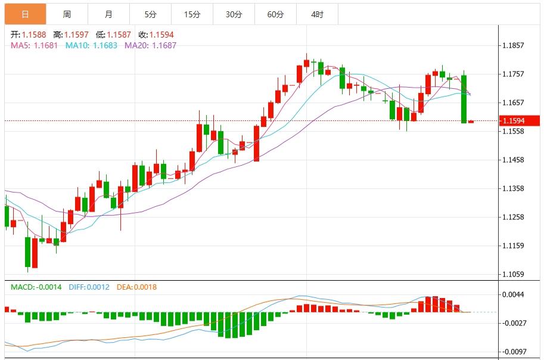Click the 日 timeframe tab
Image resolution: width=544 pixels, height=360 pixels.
pyautogui.click(x=25, y=14)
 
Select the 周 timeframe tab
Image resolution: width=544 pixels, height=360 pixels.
pyautogui.click(x=67, y=14)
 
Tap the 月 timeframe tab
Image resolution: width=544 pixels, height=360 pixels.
pyautogui.click(x=108, y=14)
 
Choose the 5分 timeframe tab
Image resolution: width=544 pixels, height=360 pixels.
pyautogui.click(x=150, y=14)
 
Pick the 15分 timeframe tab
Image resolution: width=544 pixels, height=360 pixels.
pyautogui.click(x=192, y=14)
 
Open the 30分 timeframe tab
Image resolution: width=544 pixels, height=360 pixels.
pyautogui.click(x=234, y=14)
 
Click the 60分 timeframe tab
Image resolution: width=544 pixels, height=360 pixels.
pyautogui.click(x=275, y=14)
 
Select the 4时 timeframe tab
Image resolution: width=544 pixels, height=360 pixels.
pyautogui.click(x=317, y=14)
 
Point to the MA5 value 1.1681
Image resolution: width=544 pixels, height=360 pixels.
pyautogui.click(x=45, y=45)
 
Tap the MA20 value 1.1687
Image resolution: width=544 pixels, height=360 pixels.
pyautogui.click(x=164, y=45)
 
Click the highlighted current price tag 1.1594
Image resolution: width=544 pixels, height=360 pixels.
pyautogui.click(x=521, y=121)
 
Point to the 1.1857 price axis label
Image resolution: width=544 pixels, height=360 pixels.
pyautogui.click(x=513, y=45)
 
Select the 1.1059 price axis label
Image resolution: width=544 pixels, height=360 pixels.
pyautogui.click(x=513, y=274)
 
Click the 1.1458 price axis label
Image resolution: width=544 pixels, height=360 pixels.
pyautogui.click(x=513, y=160)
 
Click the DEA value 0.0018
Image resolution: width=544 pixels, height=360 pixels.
pyautogui.click(x=145, y=287)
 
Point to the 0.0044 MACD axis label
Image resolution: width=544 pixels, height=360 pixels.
pyautogui.click(x=513, y=294)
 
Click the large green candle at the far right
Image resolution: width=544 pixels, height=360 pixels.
pyautogui.click(x=464, y=99)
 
